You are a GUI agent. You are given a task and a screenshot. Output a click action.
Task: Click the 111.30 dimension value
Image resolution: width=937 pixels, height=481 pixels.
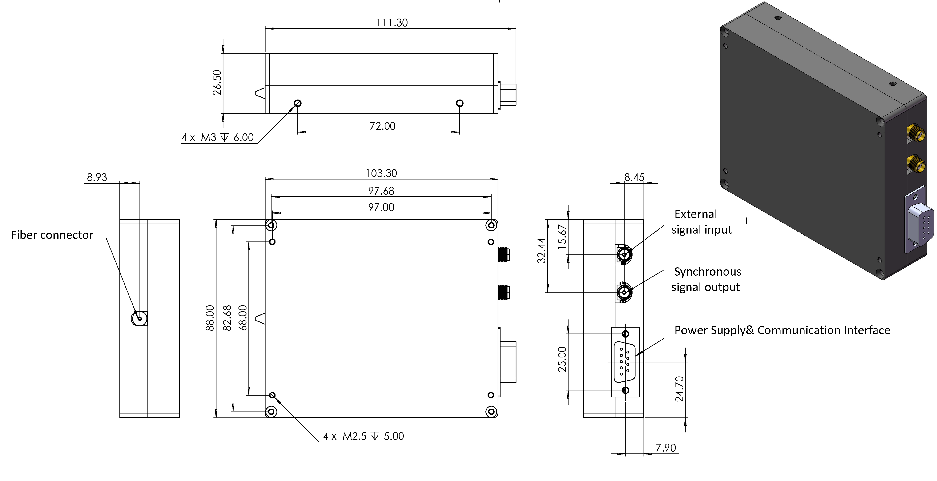tap(392, 23)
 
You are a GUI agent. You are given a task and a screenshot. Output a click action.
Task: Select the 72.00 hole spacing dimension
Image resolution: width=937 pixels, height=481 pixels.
tap(382, 126)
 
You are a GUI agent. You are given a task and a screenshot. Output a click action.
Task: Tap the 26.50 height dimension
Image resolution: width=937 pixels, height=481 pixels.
tap(217, 83)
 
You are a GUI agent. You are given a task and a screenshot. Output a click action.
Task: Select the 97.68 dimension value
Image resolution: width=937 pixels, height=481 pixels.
tap(381, 191)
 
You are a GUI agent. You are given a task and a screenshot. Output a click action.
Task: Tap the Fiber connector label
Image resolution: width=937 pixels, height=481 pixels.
tap(52, 235)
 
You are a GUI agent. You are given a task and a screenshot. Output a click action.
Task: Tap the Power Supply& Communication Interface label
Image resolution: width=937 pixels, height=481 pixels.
tap(782, 330)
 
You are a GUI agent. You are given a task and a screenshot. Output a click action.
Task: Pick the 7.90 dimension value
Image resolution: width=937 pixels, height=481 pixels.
tap(665, 448)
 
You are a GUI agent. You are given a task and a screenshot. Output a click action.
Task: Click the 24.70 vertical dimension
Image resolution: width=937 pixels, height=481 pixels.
tap(679, 389)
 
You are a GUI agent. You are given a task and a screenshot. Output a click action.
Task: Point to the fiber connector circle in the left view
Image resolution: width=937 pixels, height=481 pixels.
tap(139, 318)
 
